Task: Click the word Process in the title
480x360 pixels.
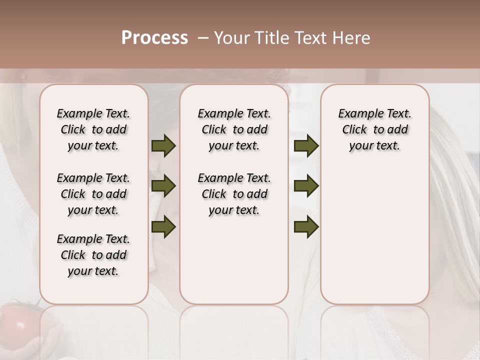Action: click(154, 38)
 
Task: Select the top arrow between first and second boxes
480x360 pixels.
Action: click(163, 146)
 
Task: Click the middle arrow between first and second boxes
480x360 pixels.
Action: click(163, 186)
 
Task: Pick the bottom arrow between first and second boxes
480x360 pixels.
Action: click(163, 226)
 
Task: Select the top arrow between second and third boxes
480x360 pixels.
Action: click(306, 146)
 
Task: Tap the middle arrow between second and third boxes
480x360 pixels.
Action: click(306, 186)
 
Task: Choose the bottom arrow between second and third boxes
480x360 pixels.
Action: click(306, 226)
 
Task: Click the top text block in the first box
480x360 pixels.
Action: click(93, 129)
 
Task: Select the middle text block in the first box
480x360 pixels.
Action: click(93, 194)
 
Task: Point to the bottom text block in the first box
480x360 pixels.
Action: click(93, 255)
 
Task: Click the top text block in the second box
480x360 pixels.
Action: click(234, 129)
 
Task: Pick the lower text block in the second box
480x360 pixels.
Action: click(234, 194)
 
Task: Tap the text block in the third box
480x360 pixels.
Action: click(374, 129)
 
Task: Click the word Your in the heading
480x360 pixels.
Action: click(231, 38)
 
